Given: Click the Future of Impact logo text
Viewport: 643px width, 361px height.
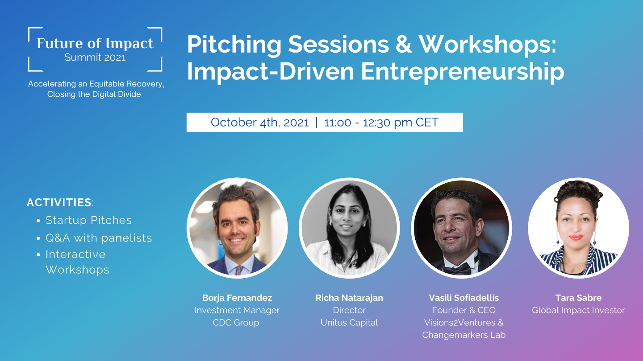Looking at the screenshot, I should click(x=95, y=43).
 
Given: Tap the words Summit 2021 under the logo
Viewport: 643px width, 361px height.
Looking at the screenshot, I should click(x=95, y=57).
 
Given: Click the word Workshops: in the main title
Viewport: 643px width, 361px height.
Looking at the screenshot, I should click(x=488, y=45).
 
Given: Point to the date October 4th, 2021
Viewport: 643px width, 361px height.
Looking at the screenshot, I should click(x=259, y=123).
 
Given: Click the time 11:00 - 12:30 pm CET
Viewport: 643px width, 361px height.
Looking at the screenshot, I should click(x=381, y=123).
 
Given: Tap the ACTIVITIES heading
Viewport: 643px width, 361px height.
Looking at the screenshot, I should click(x=59, y=202).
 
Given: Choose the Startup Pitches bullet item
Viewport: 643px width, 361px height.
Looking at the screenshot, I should click(x=88, y=220).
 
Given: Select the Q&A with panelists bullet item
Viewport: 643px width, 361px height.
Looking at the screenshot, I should click(x=99, y=238).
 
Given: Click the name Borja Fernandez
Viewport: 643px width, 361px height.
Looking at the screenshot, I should click(x=237, y=298).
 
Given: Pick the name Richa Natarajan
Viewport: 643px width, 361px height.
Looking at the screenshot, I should click(x=349, y=298).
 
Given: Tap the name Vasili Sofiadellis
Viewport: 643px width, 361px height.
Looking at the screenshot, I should click(x=464, y=298).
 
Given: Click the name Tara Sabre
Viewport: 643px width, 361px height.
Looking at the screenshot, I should click(x=578, y=298).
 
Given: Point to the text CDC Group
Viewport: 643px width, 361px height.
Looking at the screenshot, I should click(x=236, y=323).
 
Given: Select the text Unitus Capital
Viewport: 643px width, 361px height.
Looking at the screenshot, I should click(x=349, y=323).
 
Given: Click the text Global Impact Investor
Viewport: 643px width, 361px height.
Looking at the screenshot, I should click(x=578, y=310).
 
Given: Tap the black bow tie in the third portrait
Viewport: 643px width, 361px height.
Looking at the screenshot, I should click(x=457, y=268).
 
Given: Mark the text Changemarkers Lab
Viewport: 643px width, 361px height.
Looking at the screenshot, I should click(x=464, y=335).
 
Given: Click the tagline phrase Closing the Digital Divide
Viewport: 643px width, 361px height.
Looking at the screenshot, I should click(x=94, y=94).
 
